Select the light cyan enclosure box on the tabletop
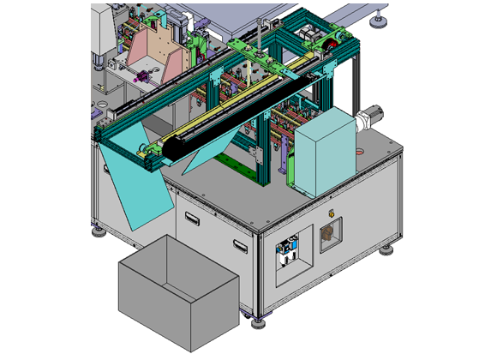pyautogui.click(x=325, y=154)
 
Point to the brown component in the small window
pyautogui.click(x=327, y=236)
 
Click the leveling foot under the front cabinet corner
pyautogui.click(x=259, y=322)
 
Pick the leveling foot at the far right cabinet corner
pyautogui.click(x=387, y=249)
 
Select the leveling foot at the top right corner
pyautogui.click(x=377, y=22)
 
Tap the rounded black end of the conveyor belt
pyautogui.click(x=169, y=148)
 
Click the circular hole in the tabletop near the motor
pyautogui.click(x=359, y=148)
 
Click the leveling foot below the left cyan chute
pyautogui.click(x=100, y=228)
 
